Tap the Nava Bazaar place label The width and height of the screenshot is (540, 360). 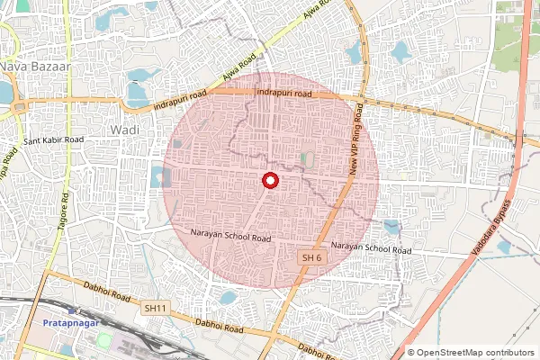[26, 67]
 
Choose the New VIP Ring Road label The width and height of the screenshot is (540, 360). [358, 139]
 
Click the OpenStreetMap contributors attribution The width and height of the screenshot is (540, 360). [470, 353]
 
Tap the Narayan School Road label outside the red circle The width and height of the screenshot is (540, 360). [371, 247]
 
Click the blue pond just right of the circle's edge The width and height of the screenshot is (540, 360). [391, 227]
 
